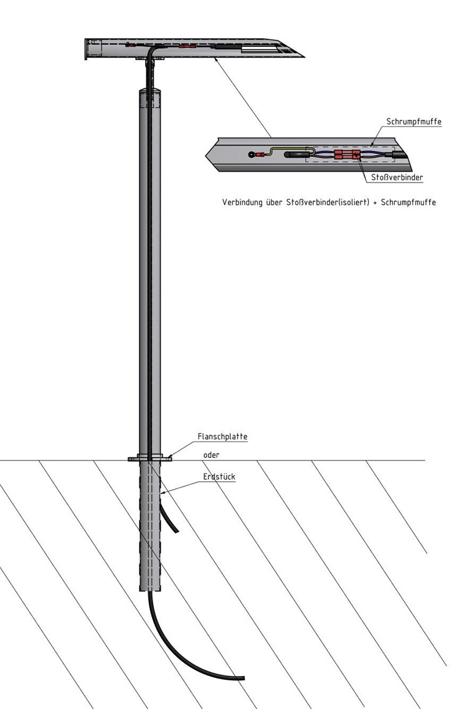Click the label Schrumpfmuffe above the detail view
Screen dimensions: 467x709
(413, 121)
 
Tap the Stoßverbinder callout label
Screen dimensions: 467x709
(397, 177)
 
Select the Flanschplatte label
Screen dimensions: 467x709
(222, 437)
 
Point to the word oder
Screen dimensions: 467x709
(211, 455)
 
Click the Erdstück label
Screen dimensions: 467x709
(219, 477)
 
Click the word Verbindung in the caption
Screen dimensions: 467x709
(242, 202)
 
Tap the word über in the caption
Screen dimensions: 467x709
(274, 202)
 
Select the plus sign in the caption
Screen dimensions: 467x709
(375, 202)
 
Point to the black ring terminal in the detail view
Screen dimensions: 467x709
(252, 155)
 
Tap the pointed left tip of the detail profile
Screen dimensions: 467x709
(206, 156)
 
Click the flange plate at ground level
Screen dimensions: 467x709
(150, 459)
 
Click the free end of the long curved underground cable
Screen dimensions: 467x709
(243, 678)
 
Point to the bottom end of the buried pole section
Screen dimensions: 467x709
(150, 589)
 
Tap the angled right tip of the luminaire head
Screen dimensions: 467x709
(303, 57)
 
